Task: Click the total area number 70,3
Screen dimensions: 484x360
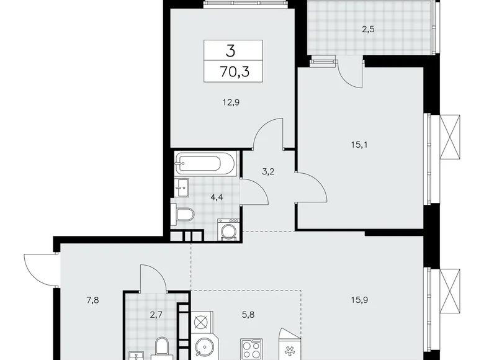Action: (235, 72)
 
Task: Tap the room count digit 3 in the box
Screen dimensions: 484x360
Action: (230, 51)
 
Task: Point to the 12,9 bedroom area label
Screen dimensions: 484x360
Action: (231, 102)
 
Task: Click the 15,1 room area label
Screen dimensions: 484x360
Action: (359, 145)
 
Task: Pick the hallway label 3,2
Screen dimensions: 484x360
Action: (268, 172)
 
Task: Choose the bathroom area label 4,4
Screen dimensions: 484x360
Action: (217, 197)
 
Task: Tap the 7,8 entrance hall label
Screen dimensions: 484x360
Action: (92, 300)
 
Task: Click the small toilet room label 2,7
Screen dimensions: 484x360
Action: (156, 315)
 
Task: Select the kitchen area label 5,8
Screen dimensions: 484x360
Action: (248, 315)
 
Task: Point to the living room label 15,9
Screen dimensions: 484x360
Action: (359, 300)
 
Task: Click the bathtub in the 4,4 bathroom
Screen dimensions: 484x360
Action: (205, 164)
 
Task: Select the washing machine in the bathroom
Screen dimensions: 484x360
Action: (229, 230)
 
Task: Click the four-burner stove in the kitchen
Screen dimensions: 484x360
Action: (251, 349)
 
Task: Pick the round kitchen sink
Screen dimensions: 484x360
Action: (205, 348)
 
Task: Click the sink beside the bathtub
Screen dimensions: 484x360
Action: (182, 187)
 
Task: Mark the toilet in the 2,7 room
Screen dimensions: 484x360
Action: (162, 348)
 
